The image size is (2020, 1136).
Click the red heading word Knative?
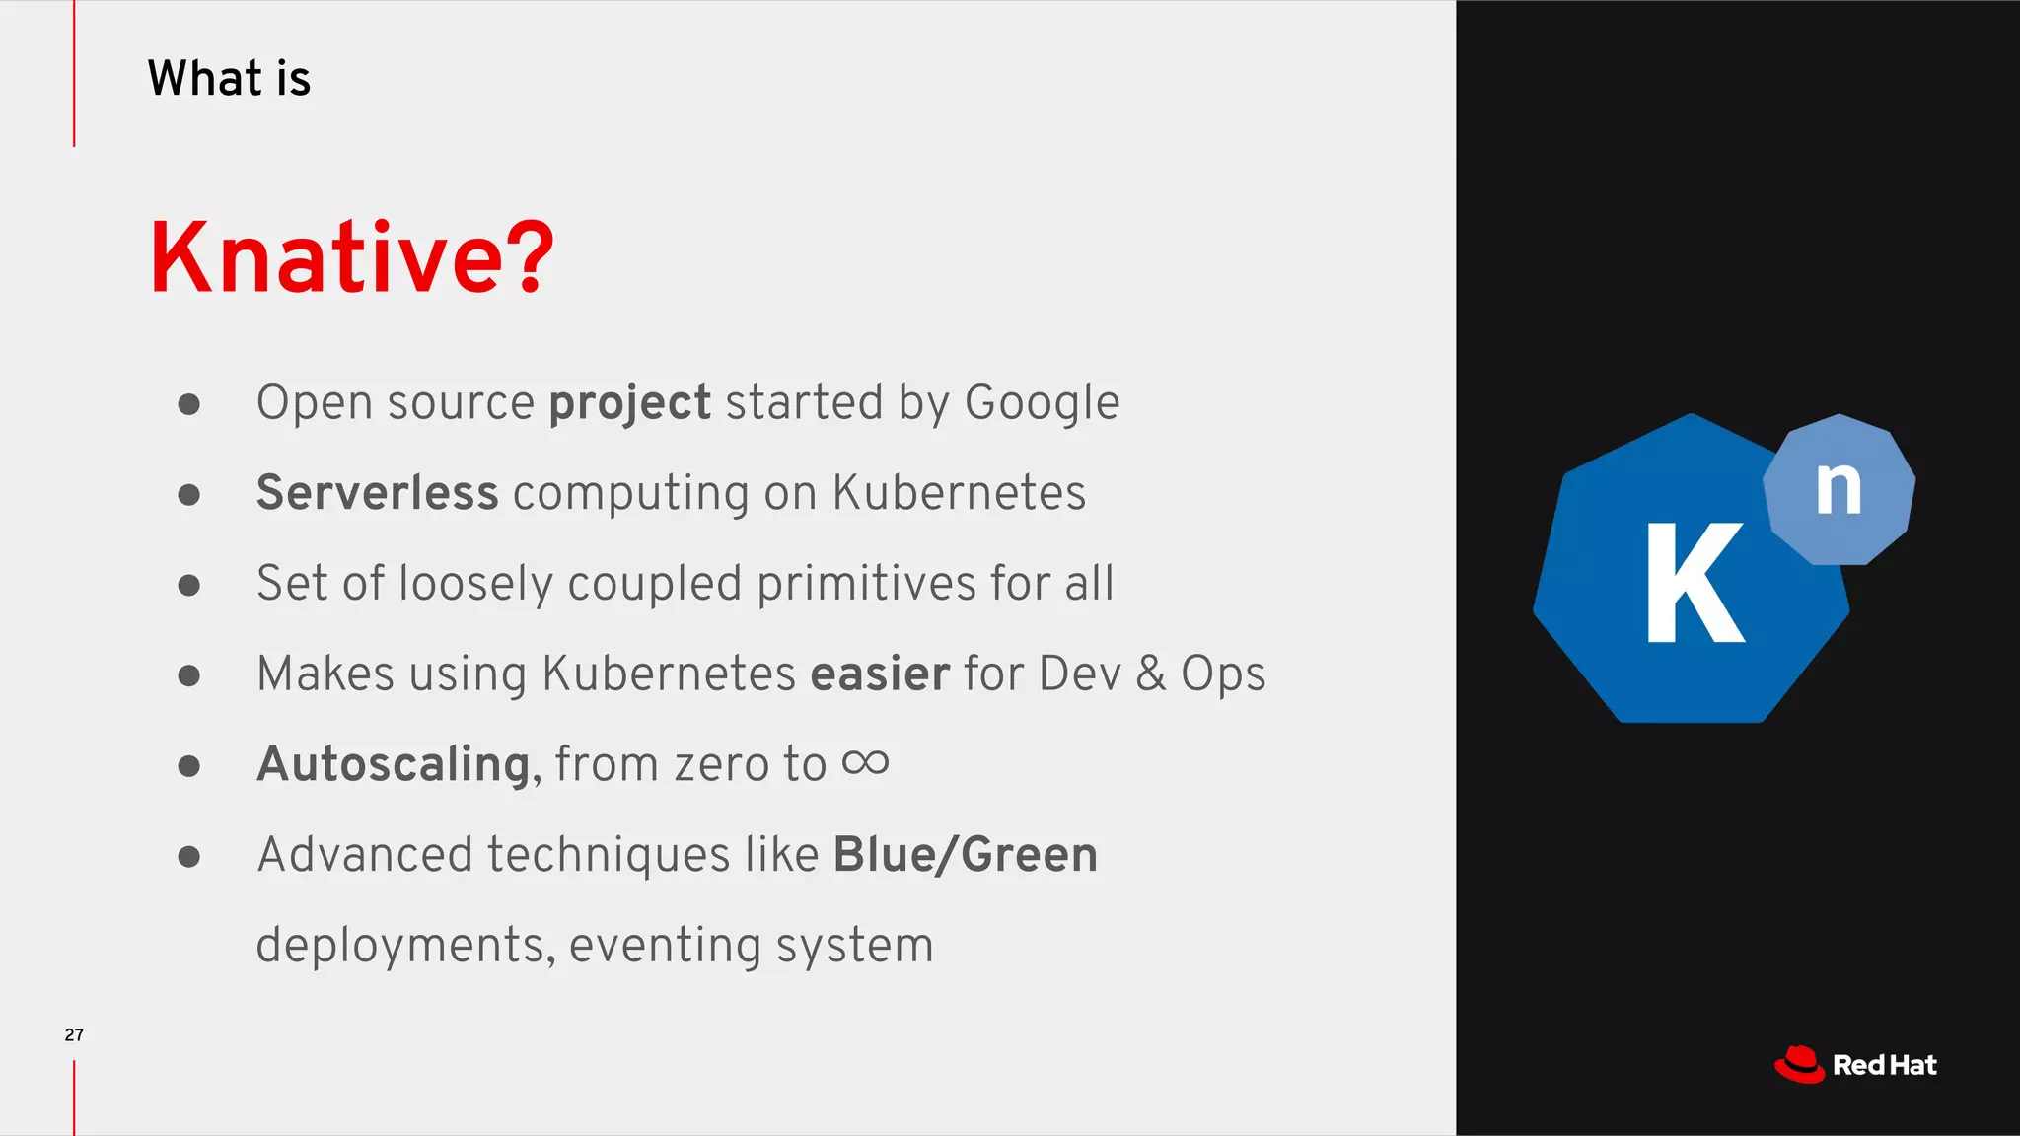pos(351,258)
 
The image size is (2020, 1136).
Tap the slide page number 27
pos(74,1034)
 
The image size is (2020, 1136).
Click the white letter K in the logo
pos(1694,584)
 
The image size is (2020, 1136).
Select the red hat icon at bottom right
pos(1799,1065)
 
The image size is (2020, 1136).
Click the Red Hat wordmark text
pos(1884,1066)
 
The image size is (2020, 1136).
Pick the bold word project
pos(629,403)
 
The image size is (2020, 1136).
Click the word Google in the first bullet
pos(1042,403)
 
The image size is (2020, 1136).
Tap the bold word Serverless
pos(377,493)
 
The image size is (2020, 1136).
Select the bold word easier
pos(880,674)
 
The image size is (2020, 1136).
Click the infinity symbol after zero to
pos(865,762)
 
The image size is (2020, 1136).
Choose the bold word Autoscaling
pos(394,764)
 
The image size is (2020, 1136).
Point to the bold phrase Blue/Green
pos(965,855)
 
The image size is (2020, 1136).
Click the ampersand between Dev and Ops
pos(1150,674)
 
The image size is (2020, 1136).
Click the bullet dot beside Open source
pos(189,404)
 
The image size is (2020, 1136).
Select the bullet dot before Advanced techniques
pos(189,856)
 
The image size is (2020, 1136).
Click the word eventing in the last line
pos(665,946)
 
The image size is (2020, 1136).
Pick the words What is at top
pos(229,79)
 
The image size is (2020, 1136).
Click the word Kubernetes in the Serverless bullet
pos(959,493)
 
